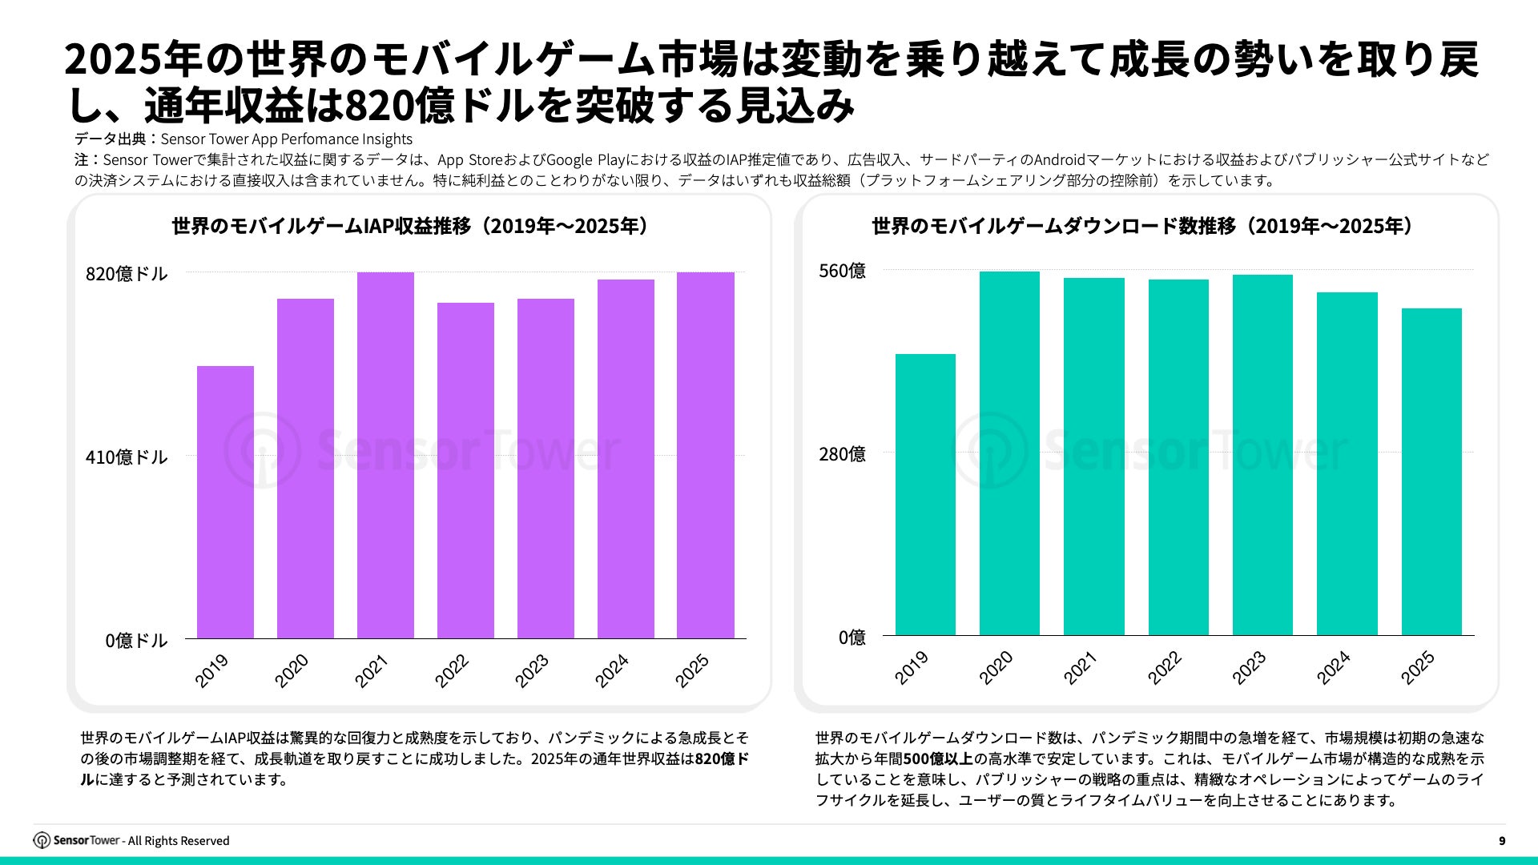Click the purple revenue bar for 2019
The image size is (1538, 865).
[x=225, y=502]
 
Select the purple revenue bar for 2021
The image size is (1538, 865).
[x=385, y=455]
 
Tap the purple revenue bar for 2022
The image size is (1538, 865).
[x=465, y=470]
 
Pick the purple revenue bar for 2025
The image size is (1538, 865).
[x=705, y=455]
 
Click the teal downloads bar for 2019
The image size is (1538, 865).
[x=925, y=494]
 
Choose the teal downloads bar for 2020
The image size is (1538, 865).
[x=1009, y=453]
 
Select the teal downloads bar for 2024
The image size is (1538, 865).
[x=1347, y=464]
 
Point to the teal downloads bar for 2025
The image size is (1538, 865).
[x=1431, y=472]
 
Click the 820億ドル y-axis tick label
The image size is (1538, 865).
[x=127, y=274]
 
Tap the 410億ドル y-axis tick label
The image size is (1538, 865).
[x=127, y=457]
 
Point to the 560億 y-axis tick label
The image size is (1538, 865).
[x=842, y=271]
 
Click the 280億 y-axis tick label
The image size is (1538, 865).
[x=842, y=454]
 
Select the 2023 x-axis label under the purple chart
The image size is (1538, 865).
[x=532, y=670]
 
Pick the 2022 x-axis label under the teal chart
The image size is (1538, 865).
[x=1165, y=667]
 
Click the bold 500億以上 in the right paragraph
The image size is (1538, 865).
[x=938, y=758]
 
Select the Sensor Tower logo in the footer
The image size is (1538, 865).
[x=77, y=840]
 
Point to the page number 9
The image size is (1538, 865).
[x=1502, y=841]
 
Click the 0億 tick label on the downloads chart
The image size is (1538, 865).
[x=852, y=638]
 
